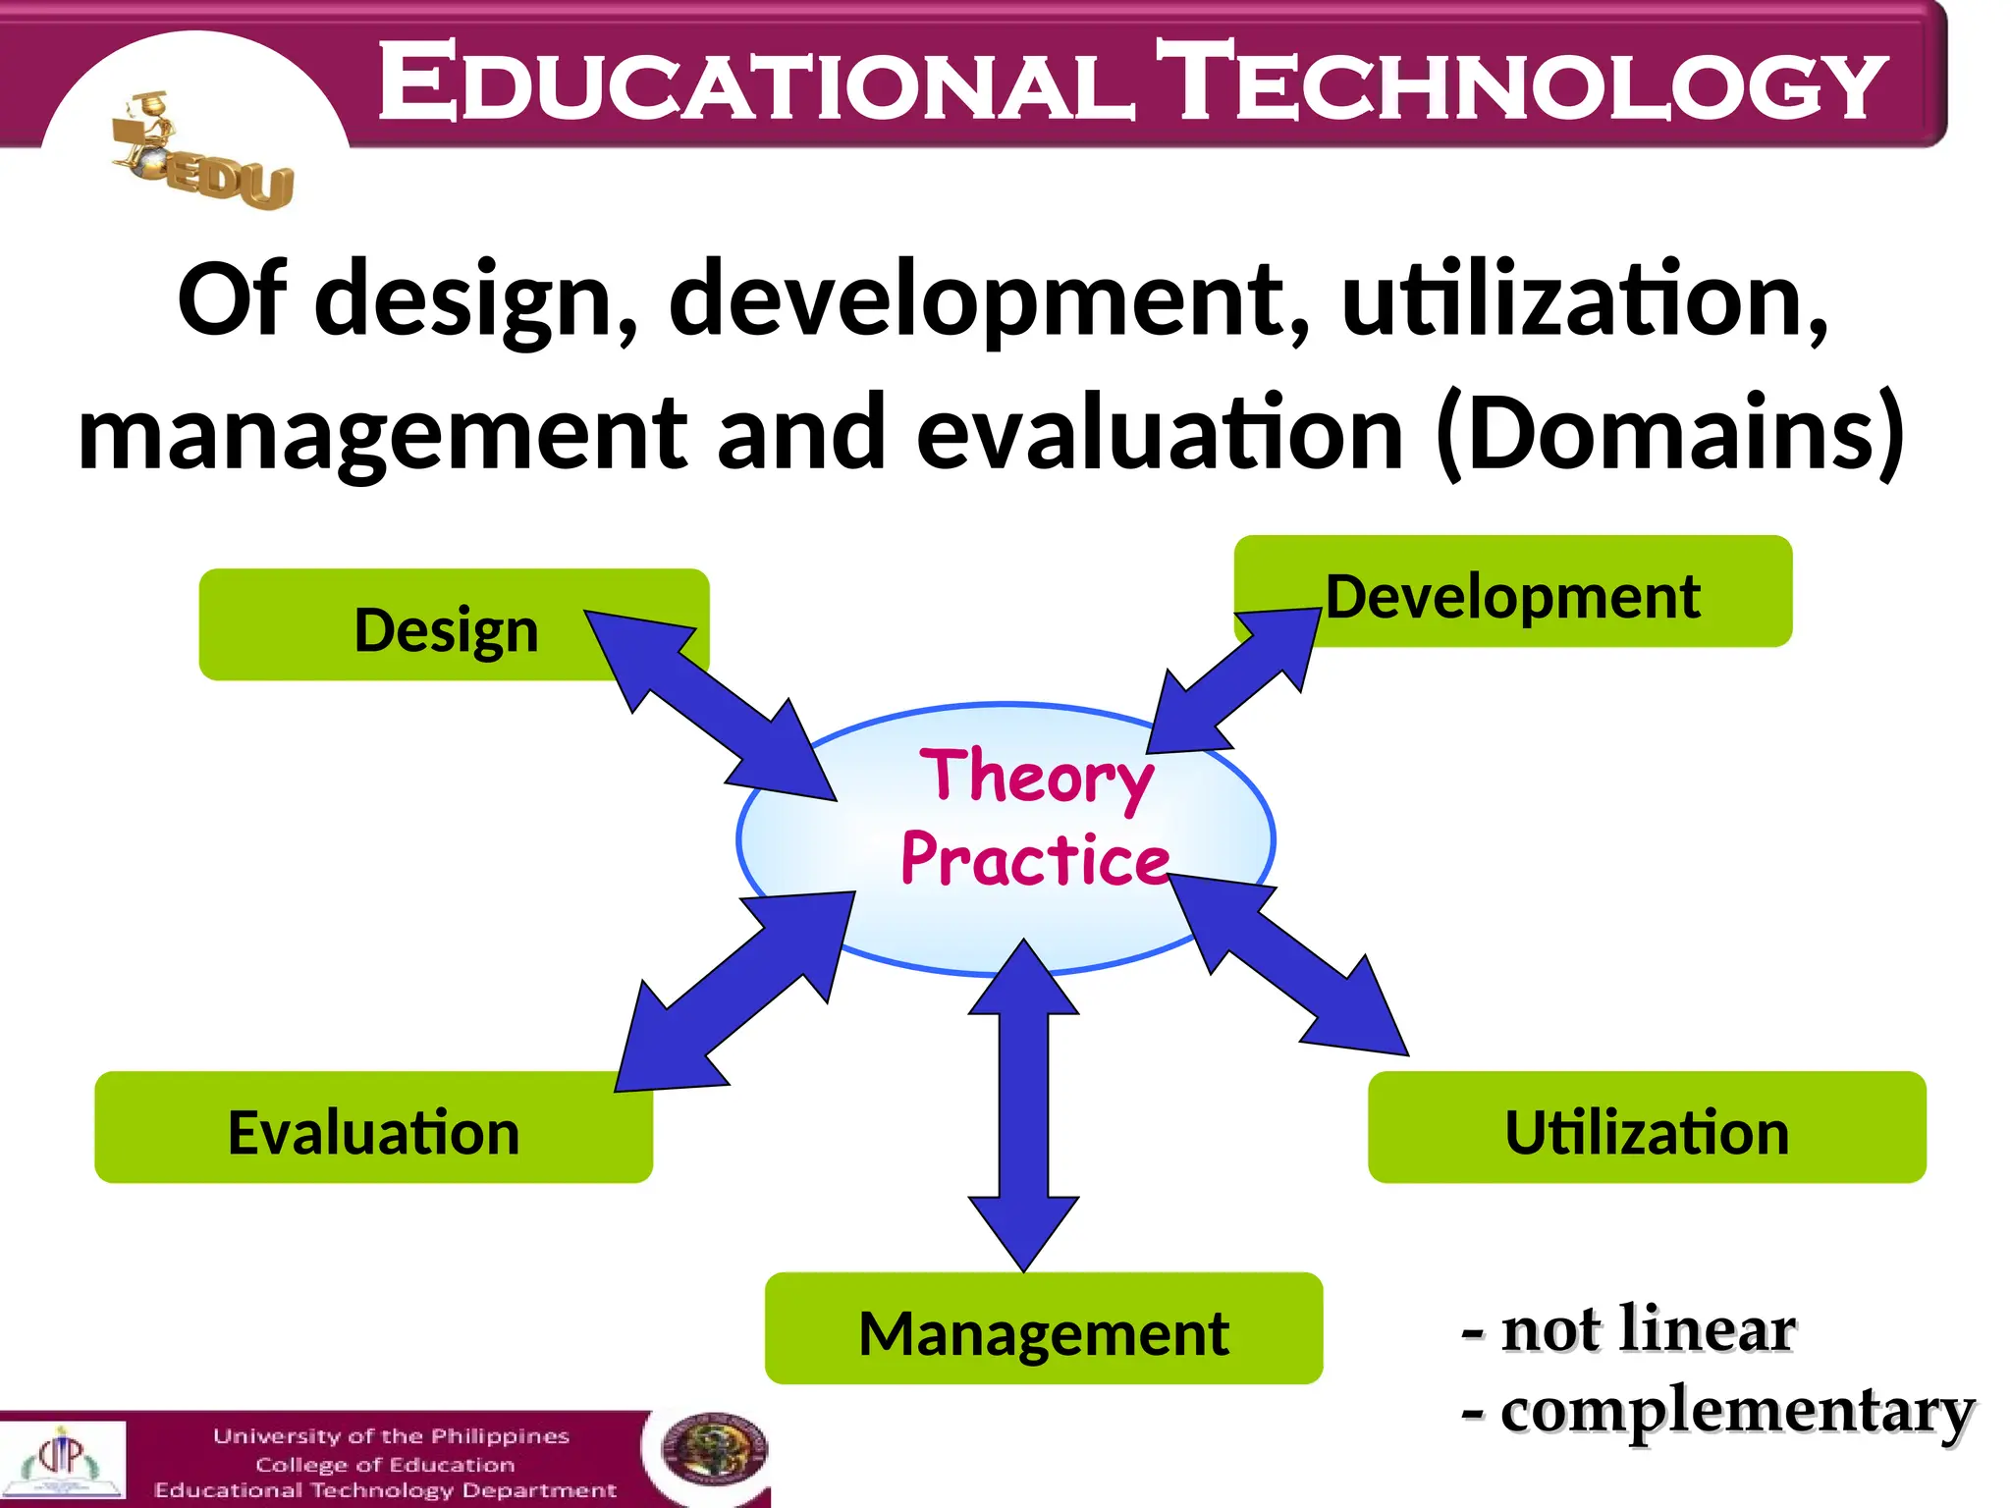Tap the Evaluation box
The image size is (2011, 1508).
pos(373,1129)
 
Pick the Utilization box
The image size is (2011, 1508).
pos(1647,1129)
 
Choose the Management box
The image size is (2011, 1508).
pos(1043,1330)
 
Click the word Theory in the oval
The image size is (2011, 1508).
pos(1036,776)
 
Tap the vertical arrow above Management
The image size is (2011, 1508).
pos(1023,1104)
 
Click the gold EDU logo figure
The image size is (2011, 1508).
pos(201,157)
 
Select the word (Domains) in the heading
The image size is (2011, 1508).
pos(1669,432)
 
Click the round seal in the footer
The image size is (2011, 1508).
pos(714,1451)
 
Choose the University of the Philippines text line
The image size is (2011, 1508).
pos(391,1436)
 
